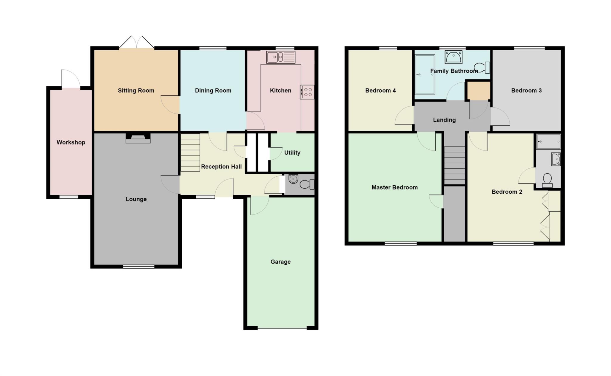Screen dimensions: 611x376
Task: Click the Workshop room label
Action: coord(71,142)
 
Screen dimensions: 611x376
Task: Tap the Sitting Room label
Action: coord(136,91)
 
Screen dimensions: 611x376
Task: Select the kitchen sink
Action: coord(281,57)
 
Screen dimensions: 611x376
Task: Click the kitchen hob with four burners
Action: coord(307,92)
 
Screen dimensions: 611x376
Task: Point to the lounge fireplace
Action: coord(138,138)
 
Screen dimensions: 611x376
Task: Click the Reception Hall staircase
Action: coord(190,153)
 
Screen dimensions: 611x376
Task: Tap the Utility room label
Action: coord(292,153)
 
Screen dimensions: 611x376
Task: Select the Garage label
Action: coord(280,262)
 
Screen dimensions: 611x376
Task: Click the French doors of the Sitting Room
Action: coord(137,42)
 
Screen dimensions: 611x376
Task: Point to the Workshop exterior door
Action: coord(71,79)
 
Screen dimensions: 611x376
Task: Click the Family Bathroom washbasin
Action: coord(453,57)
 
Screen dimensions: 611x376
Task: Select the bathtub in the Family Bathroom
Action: coord(425,74)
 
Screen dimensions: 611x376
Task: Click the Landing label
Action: coord(444,120)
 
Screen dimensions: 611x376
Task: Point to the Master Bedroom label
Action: coord(394,187)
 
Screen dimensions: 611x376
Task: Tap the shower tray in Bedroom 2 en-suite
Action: coord(548,142)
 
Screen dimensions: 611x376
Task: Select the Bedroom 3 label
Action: coord(526,91)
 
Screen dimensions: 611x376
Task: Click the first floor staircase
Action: coord(455,165)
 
